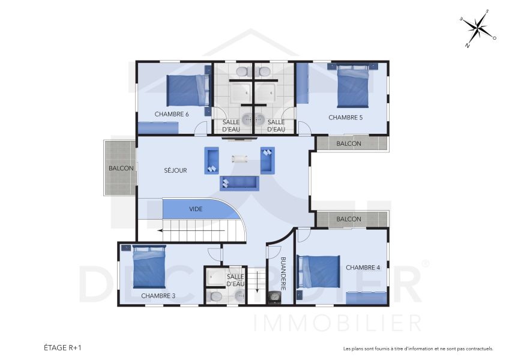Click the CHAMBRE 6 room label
172,114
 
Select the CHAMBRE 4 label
363,268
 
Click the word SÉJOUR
175,170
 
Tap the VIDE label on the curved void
196,209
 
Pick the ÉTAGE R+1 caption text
62,347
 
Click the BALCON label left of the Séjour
121,169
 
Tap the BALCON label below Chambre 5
349,143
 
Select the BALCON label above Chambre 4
349,219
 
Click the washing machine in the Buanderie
275,296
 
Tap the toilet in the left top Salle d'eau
242,72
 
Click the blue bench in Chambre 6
158,127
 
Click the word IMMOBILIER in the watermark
338,323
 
